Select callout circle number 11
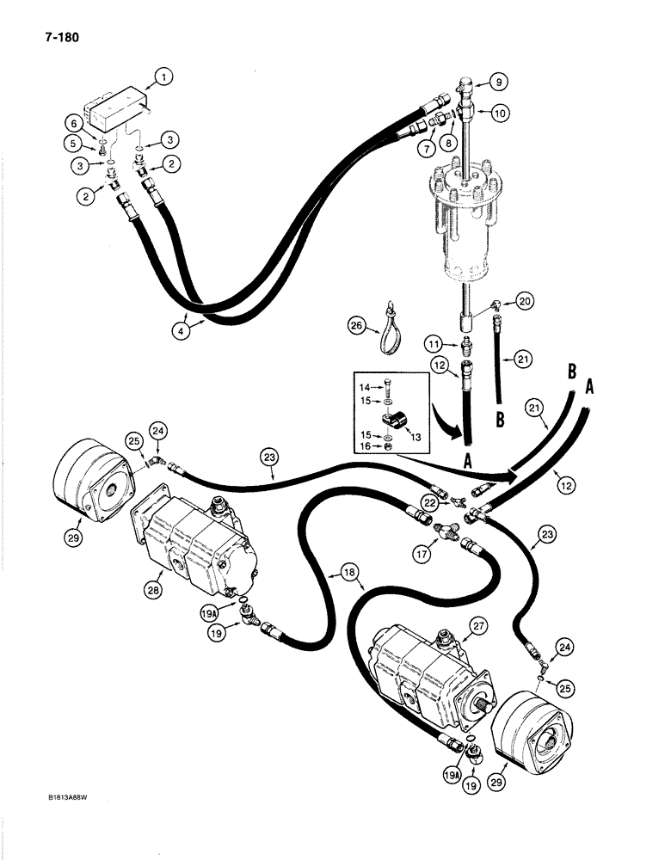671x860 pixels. click(440, 344)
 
